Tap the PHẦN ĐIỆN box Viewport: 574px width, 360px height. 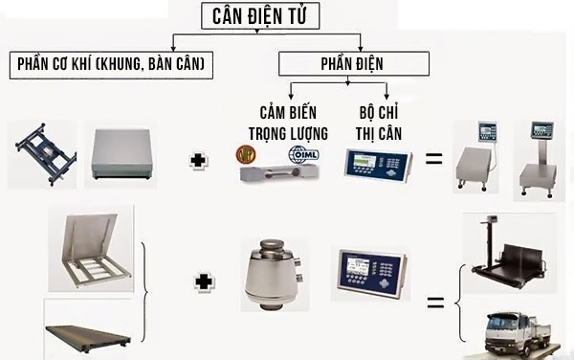[354, 63]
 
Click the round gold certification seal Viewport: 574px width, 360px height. [248, 154]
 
